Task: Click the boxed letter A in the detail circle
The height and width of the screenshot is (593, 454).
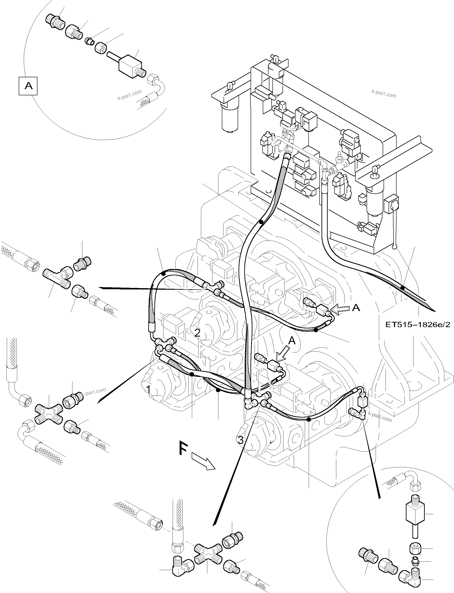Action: coord(28,86)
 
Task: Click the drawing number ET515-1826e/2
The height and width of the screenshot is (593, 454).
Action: coord(418,325)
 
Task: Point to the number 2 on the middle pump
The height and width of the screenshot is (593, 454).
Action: coord(198,332)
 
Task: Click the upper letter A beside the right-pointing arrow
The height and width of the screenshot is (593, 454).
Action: coord(356,308)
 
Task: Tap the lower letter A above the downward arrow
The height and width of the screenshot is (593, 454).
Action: coord(292,341)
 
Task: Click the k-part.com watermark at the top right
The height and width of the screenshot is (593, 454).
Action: coord(384,94)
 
